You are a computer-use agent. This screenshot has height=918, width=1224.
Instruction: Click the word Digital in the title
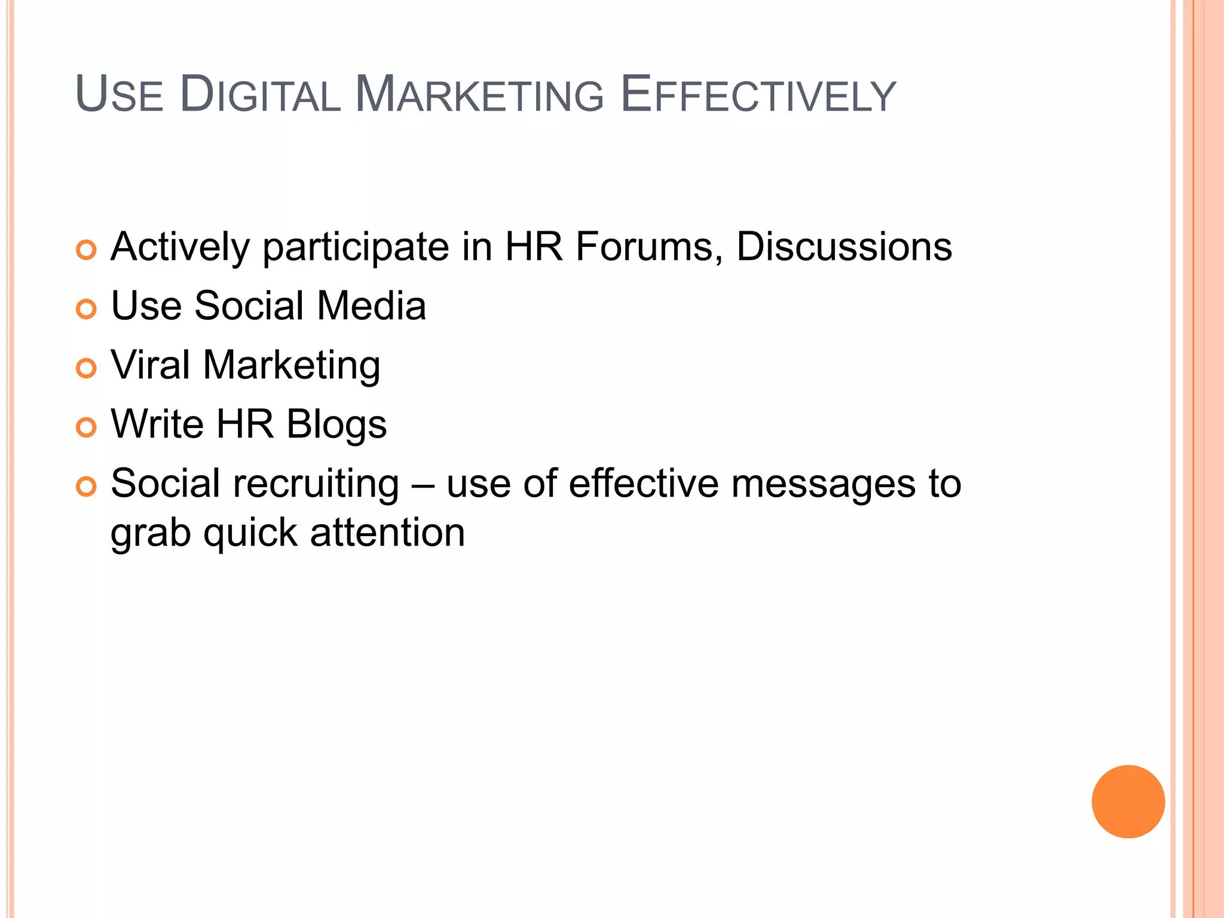coord(260,94)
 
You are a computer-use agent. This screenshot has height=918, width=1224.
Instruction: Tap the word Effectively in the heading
coord(758,94)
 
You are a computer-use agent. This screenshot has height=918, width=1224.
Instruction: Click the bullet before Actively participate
coord(87,250)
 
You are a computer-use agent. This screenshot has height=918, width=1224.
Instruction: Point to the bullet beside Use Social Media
coord(87,309)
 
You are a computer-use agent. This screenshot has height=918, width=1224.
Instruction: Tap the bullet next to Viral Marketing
coord(87,368)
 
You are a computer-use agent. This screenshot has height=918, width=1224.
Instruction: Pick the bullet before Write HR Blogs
coord(87,427)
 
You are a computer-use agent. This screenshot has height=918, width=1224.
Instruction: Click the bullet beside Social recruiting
coord(87,486)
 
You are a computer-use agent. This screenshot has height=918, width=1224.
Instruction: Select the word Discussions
coord(844,246)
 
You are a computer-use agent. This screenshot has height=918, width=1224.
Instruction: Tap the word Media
coord(371,305)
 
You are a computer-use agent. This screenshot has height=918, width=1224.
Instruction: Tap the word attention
coord(387,533)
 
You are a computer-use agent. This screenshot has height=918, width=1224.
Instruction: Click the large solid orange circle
coord(1128,801)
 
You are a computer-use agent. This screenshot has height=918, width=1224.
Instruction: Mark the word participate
coord(356,247)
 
